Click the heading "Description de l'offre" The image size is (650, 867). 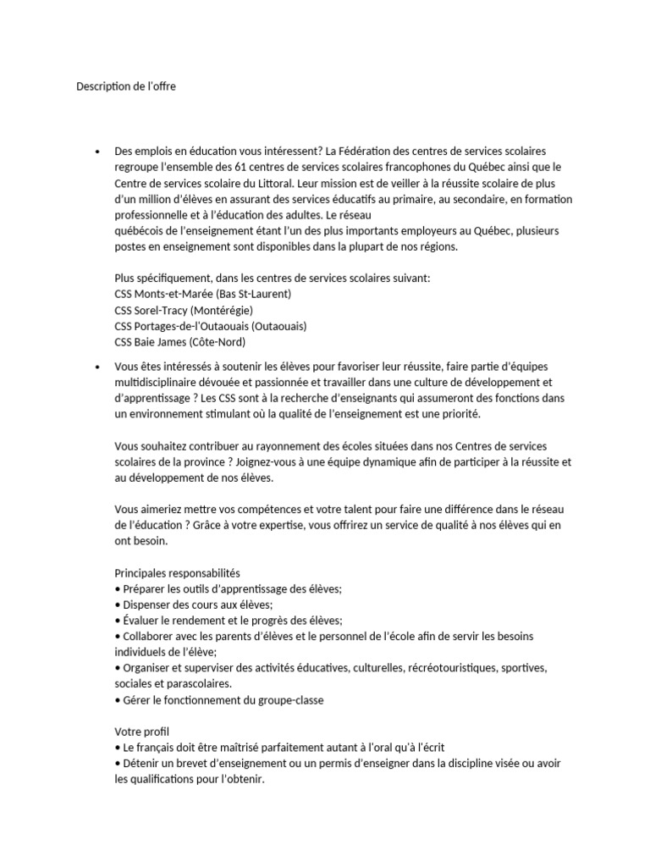[126, 86]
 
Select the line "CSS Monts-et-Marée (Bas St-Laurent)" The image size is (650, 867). [202, 294]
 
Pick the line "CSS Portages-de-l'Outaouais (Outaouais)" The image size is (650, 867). [211, 326]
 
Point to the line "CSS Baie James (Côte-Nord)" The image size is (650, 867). [180, 342]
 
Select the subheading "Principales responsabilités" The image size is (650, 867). [177, 572]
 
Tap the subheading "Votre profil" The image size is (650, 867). [142, 732]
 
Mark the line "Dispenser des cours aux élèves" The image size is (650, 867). [194, 605]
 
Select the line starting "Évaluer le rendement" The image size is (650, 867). [229, 621]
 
